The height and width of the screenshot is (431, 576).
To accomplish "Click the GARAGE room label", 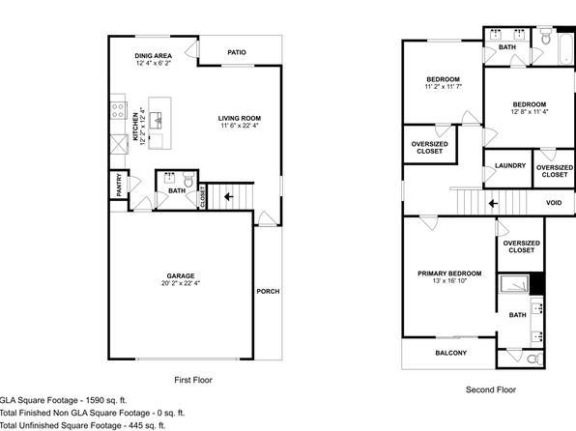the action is [181, 276].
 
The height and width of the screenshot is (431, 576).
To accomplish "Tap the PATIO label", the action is [237, 52].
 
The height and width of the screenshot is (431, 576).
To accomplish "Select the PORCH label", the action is [268, 292].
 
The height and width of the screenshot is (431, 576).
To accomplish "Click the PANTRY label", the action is [119, 185].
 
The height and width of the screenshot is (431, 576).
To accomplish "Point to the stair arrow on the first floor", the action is [229, 197].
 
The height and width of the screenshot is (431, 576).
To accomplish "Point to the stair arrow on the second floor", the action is [493, 203].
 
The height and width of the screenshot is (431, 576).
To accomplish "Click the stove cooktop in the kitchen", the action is [118, 110].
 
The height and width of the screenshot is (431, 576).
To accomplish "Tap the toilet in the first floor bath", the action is [188, 180].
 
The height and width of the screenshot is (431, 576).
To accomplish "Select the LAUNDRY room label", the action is [510, 165].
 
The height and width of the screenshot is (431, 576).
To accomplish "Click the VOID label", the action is [554, 203].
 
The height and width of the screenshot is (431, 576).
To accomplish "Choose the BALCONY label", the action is [451, 353].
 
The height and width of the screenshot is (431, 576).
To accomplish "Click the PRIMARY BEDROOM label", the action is [449, 273].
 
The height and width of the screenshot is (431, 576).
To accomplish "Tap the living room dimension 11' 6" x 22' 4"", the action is [240, 126].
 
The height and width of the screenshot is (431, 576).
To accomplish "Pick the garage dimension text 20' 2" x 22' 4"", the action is [181, 283].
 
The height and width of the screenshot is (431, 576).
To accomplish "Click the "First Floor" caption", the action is [193, 380].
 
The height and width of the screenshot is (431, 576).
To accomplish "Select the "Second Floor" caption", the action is [491, 389].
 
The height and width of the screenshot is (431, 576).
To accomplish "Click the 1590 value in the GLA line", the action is [94, 400].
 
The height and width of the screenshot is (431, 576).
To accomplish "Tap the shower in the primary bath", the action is [514, 284].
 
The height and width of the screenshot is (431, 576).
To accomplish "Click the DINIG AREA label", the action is [154, 56].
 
